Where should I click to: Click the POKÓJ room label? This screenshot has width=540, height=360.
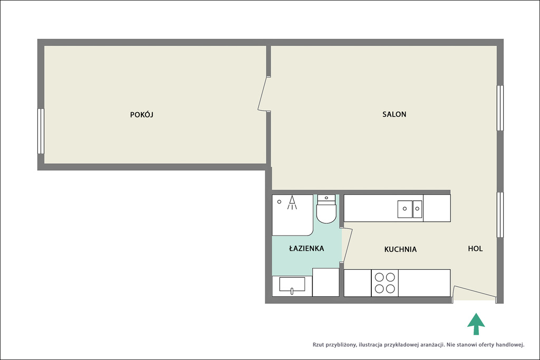pos(141,114)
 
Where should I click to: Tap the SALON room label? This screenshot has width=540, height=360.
pos(394,114)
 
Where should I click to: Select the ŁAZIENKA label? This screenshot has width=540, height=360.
pos(306,248)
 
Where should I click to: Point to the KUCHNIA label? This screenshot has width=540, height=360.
pos(400,249)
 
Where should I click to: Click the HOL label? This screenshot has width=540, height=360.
pos(475,248)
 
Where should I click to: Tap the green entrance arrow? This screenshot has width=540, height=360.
pos(476,324)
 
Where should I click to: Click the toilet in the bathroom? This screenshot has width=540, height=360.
pos(326,209)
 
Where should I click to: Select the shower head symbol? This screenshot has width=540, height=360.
pos(292,203)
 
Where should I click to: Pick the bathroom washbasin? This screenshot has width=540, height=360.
pos(292,285)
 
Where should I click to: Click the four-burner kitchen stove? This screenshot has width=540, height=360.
pos(384,283)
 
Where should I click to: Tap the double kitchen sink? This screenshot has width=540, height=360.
pos(410,209)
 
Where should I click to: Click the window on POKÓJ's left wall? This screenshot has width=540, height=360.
pos(41,131)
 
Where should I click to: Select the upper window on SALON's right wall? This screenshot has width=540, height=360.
pos(500,108)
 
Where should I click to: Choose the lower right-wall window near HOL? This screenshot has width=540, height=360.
pos(500,215)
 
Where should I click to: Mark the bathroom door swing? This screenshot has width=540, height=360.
pos(346,245)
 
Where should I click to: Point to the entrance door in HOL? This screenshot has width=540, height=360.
pos(475,293)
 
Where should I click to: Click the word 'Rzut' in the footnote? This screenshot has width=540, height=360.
pos(318,345)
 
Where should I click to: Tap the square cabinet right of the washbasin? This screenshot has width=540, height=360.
pos(325,283)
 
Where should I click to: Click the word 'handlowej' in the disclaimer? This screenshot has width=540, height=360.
pos(510,345)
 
